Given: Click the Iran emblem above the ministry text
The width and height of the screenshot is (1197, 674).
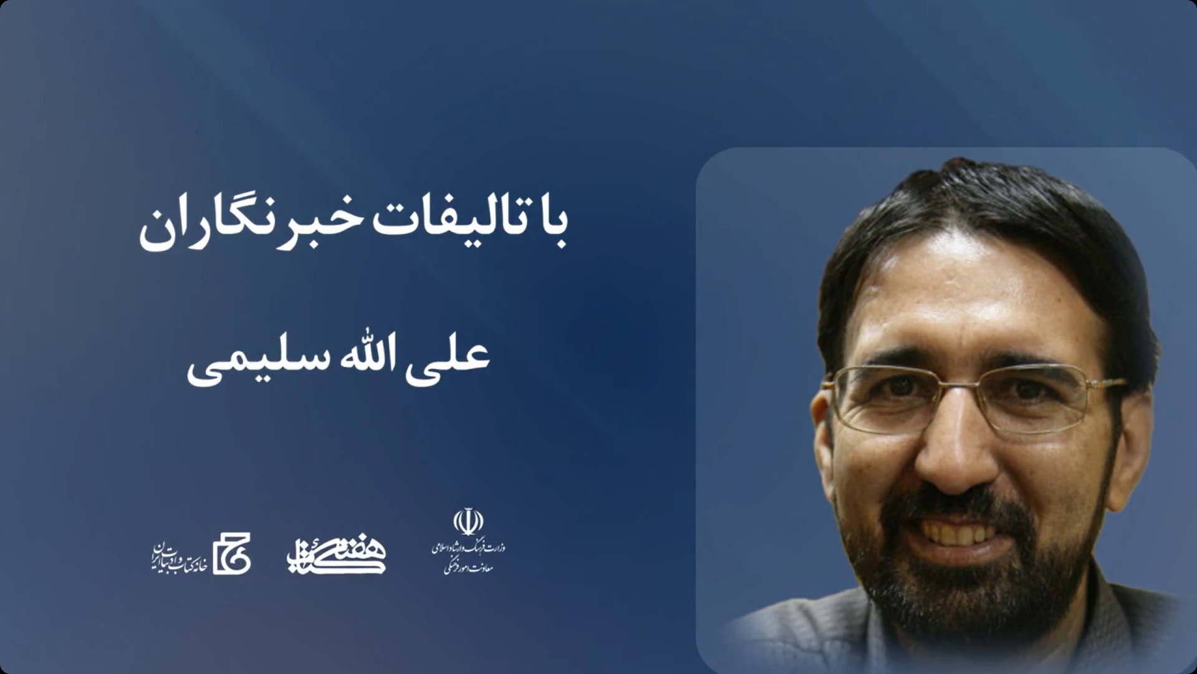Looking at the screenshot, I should click(468, 522).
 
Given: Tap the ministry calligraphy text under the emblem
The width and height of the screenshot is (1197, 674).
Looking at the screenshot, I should click(468, 557).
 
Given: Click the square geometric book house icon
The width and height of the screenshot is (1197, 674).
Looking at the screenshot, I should click(231, 554).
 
